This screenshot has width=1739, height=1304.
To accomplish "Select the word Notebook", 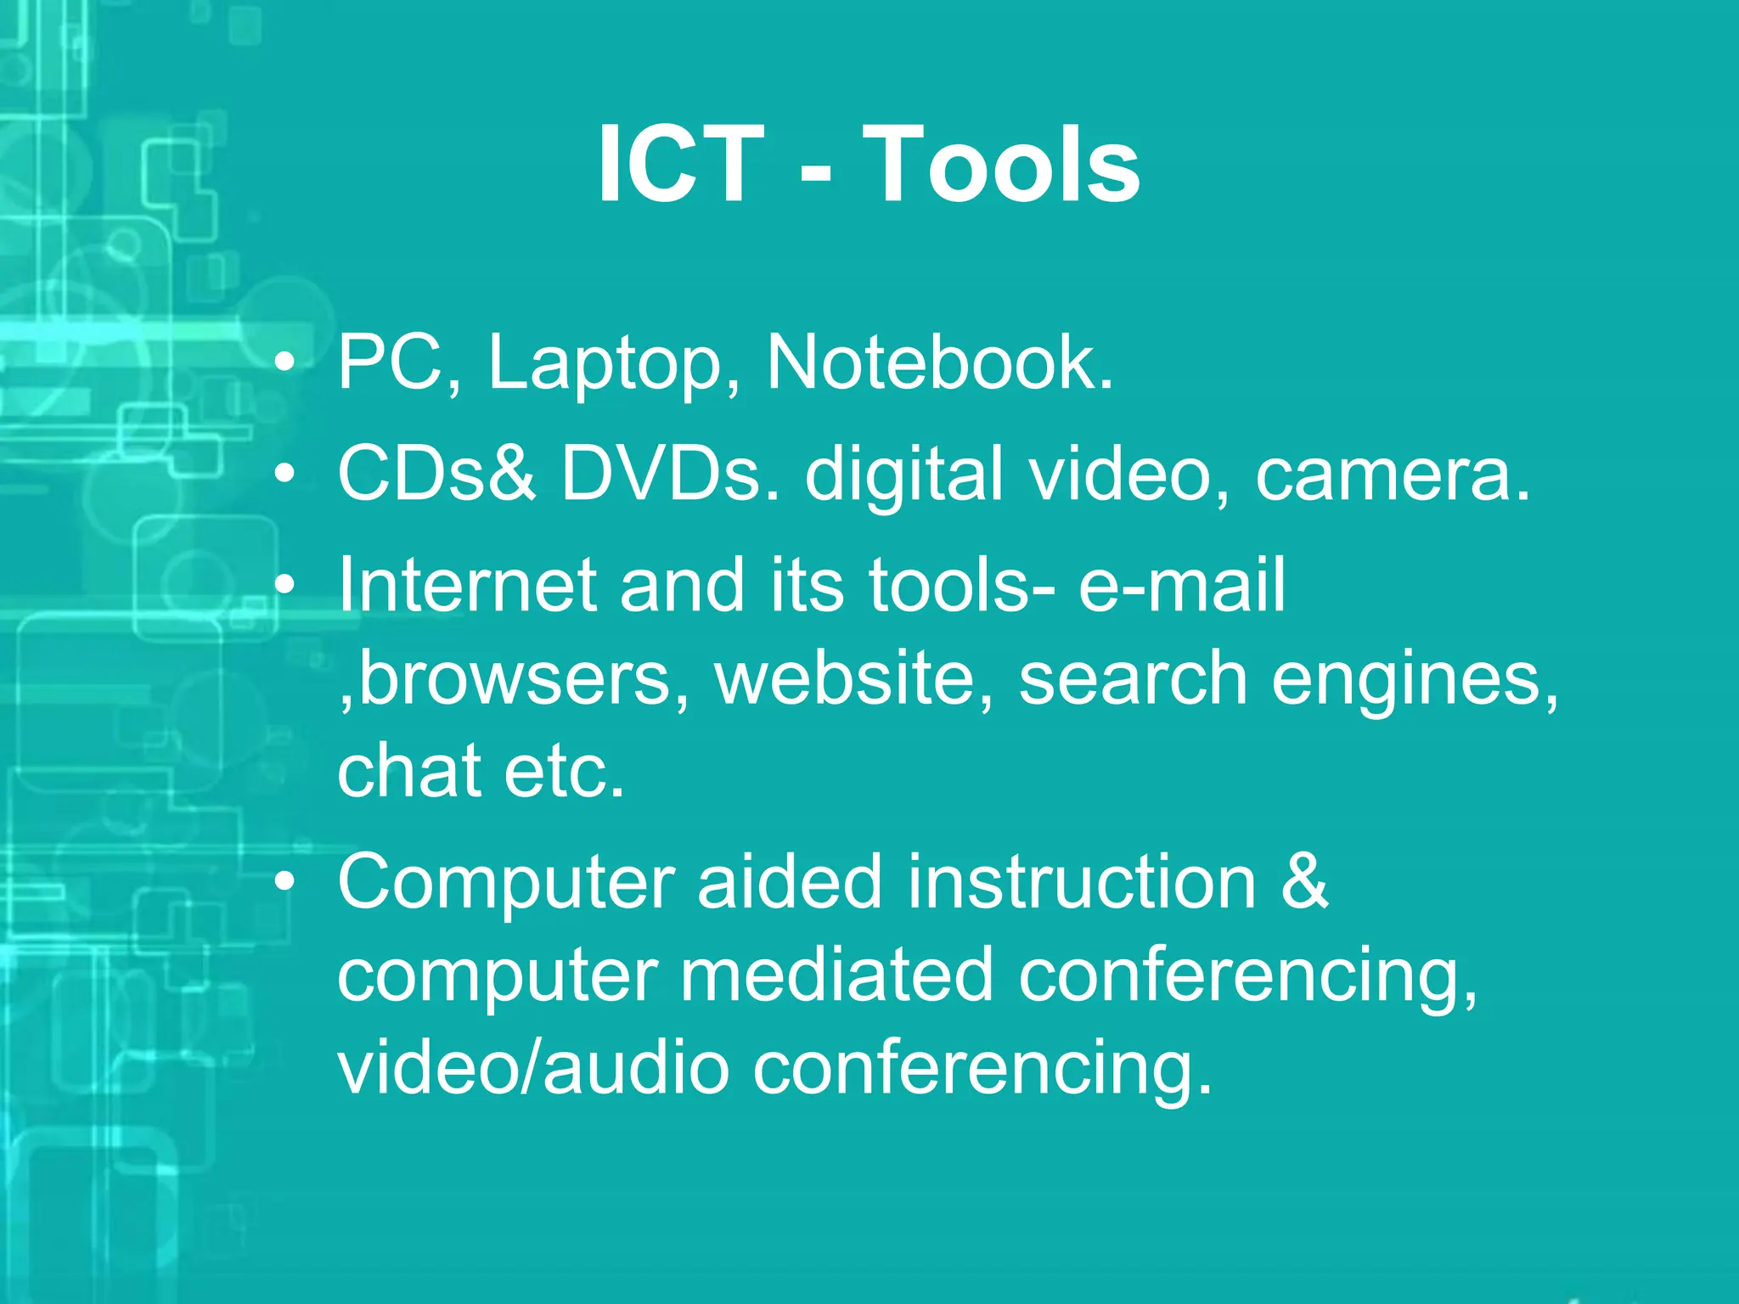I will (x=939, y=363).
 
